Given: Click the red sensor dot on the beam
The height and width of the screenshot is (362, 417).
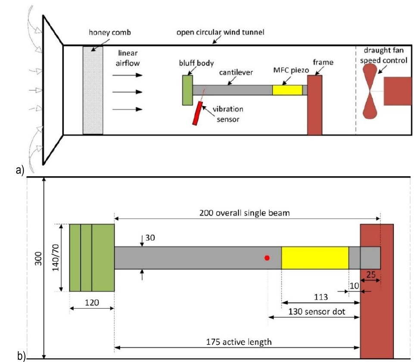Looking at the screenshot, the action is (x=267, y=258).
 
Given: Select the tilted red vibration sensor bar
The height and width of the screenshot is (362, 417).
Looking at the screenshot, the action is (x=198, y=113).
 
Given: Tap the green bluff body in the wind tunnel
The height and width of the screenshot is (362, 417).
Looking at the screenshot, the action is (x=187, y=90).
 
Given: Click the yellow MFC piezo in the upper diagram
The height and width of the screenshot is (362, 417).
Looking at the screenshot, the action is (x=287, y=90).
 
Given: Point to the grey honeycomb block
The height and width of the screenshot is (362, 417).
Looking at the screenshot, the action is (x=93, y=90).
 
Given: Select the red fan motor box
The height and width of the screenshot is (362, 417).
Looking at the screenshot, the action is (x=398, y=91).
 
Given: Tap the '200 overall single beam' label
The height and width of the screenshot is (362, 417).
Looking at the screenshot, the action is (x=244, y=213).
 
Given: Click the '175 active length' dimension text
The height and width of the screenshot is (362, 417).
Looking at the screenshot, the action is (x=239, y=342).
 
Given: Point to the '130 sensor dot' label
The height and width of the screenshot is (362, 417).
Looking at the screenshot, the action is (x=317, y=312).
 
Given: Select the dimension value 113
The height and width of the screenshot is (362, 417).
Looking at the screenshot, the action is (x=321, y=297).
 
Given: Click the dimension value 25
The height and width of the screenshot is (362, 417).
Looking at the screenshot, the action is (x=371, y=275).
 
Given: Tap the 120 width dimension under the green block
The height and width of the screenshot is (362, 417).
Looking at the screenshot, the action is (x=92, y=303).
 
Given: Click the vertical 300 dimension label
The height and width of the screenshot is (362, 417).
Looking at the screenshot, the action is (x=39, y=259).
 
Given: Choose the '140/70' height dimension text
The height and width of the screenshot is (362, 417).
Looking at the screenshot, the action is (x=56, y=258).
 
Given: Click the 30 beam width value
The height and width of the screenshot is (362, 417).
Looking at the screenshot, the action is (x=150, y=238).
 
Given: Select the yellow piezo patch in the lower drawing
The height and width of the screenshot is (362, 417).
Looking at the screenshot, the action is (x=315, y=258).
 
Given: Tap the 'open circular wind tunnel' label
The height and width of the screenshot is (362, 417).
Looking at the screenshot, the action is (x=221, y=32).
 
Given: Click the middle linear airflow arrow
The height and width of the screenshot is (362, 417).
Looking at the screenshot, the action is (x=128, y=92).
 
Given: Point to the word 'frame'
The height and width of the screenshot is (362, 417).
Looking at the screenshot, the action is (x=323, y=62).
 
